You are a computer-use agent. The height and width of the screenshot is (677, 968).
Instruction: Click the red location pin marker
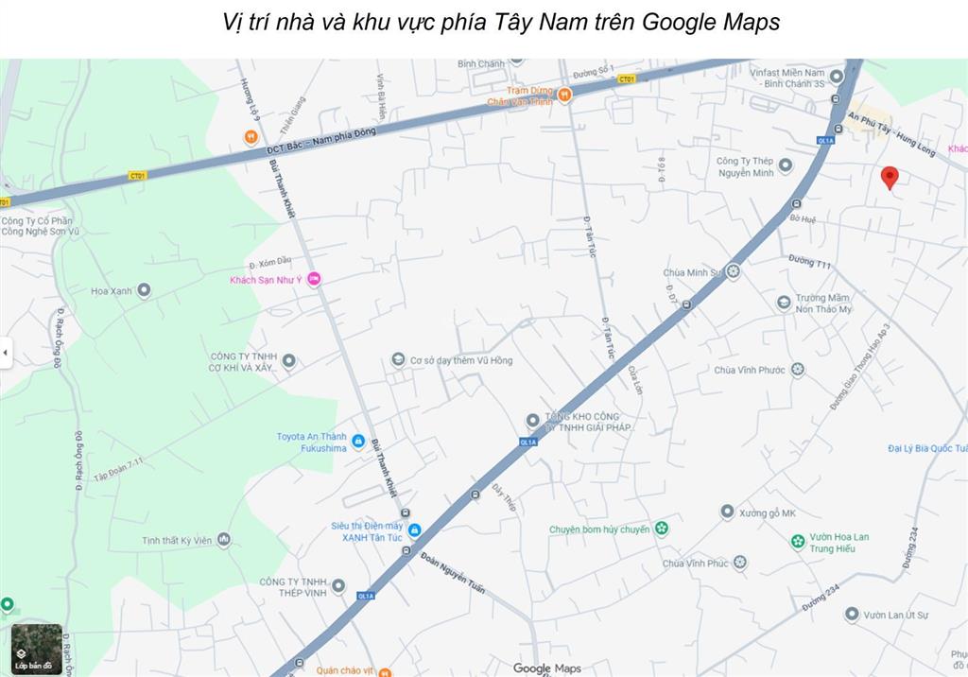coord(890,177)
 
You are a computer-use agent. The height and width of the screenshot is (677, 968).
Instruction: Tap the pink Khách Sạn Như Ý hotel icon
coord(315,278)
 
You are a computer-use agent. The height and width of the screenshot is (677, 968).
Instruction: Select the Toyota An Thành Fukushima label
coord(311,442)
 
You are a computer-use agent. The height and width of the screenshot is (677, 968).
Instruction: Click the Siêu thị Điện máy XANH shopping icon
coord(414,529)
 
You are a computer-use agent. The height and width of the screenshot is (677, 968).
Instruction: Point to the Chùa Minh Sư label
coord(691,272)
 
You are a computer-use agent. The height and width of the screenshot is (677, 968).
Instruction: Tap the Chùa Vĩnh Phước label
coord(749,370)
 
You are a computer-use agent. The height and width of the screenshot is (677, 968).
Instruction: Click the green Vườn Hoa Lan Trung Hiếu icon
coord(798,542)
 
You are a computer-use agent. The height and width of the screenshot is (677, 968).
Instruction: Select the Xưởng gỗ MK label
coord(768,512)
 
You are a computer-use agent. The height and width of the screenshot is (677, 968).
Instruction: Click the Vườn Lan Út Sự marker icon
coord(851,615)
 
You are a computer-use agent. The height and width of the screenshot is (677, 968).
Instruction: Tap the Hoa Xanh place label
coord(112,290)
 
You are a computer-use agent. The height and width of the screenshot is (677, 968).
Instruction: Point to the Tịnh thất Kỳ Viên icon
coord(223,540)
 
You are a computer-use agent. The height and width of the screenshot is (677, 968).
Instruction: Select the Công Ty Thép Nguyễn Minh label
coord(745,166)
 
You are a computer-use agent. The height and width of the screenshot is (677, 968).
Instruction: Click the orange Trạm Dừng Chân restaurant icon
coord(564,95)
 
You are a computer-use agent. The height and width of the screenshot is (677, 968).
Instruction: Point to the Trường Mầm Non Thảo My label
coord(822,304)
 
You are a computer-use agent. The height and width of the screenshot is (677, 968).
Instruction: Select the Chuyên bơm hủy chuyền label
coord(599,529)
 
